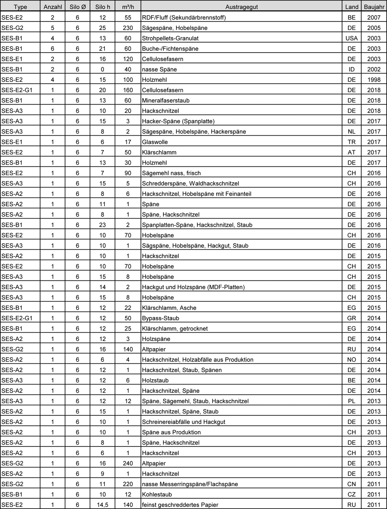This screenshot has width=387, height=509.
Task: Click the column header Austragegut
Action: (241, 7)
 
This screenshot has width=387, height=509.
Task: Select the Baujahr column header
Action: (374, 7)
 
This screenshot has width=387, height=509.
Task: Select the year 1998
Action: (374, 80)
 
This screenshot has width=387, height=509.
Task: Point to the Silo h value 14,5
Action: (102, 504)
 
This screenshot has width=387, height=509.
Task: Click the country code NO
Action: (351, 360)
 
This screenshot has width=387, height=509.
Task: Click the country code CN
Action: (351, 484)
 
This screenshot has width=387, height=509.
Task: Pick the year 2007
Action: (374, 18)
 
